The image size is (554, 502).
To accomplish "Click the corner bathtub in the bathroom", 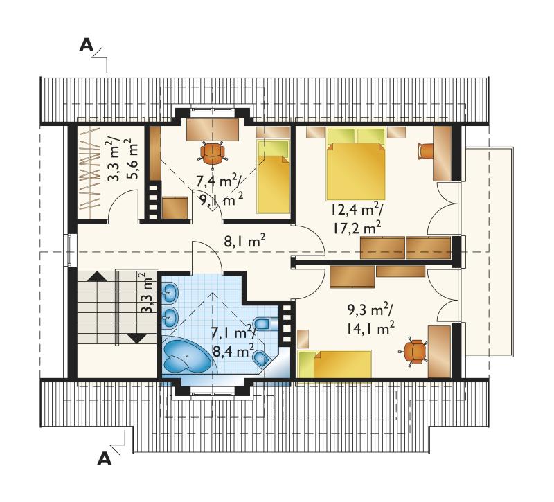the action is [188, 356].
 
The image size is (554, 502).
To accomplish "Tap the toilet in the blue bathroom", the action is [262, 323].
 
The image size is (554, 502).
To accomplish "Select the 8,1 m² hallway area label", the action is [244, 242].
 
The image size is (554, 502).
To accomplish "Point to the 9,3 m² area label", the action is [370, 310].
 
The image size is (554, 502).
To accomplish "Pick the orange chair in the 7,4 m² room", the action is [213, 153].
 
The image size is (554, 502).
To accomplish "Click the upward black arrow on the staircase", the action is [97, 276].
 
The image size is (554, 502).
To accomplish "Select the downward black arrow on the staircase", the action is [136, 339].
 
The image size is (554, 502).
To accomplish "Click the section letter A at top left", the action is [86, 45].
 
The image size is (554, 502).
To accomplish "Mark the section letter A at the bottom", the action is [105, 458].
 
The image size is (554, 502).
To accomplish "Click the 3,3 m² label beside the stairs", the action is [148, 293].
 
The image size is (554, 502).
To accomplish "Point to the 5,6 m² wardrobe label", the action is [130, 159].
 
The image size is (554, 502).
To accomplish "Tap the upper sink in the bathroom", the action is [170, 292].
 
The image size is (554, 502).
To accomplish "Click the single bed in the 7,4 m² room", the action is [274, 177].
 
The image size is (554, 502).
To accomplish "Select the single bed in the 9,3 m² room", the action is [334, 364].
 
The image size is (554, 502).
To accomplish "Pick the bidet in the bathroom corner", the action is [262, 358].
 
